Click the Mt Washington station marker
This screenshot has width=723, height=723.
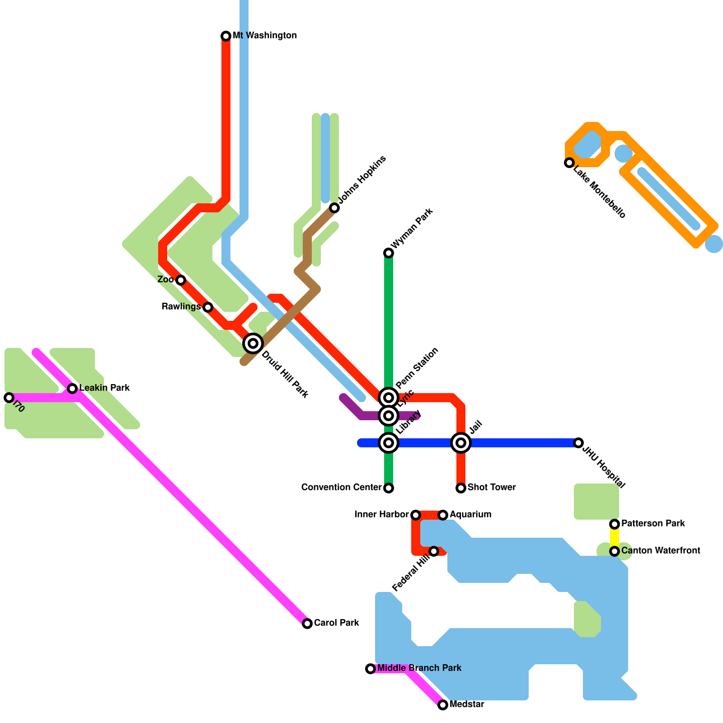[226, 36]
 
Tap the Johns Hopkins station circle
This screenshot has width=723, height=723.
[334, 208]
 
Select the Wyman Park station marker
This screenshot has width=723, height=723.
[389, 253]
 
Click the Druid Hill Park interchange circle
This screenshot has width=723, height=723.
[253, 343]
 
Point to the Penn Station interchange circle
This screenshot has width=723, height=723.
[389, 398]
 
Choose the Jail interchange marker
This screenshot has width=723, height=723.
[461, 443]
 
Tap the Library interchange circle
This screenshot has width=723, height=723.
[389, 443]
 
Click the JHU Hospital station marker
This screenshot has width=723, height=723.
[578, 443]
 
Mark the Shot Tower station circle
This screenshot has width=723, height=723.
[461, 488]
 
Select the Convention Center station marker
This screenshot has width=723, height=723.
[389, 488]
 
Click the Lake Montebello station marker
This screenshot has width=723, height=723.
[569, 163]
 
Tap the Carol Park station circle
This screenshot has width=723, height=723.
[307, 624]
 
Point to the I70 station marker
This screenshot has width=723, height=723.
[9, 398]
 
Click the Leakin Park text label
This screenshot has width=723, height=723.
[104, 388]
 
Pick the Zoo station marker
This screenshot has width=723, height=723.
[181, 280]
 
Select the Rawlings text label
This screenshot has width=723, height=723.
[181, 307]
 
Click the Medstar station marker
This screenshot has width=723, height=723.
[443, 705]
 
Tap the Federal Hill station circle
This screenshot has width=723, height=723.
[434, 551]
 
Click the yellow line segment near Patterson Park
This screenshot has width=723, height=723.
[615, 538]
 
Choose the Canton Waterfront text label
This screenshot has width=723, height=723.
[661, 550]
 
